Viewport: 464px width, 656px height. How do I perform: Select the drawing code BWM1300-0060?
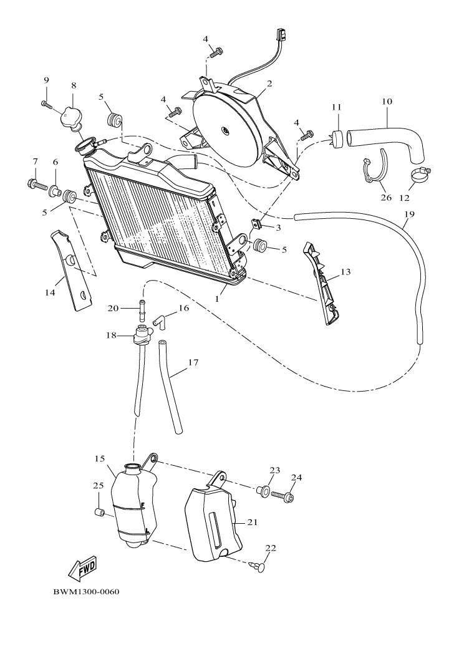click(x=85, y=591)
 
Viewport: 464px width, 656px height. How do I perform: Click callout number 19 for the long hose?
click(x=408, y=215)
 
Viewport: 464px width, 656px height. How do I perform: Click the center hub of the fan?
click(x=224, y=129)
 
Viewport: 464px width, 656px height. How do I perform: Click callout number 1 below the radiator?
click(x=218, y=299)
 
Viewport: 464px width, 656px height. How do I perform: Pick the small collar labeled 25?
click(x=98, y=512)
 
